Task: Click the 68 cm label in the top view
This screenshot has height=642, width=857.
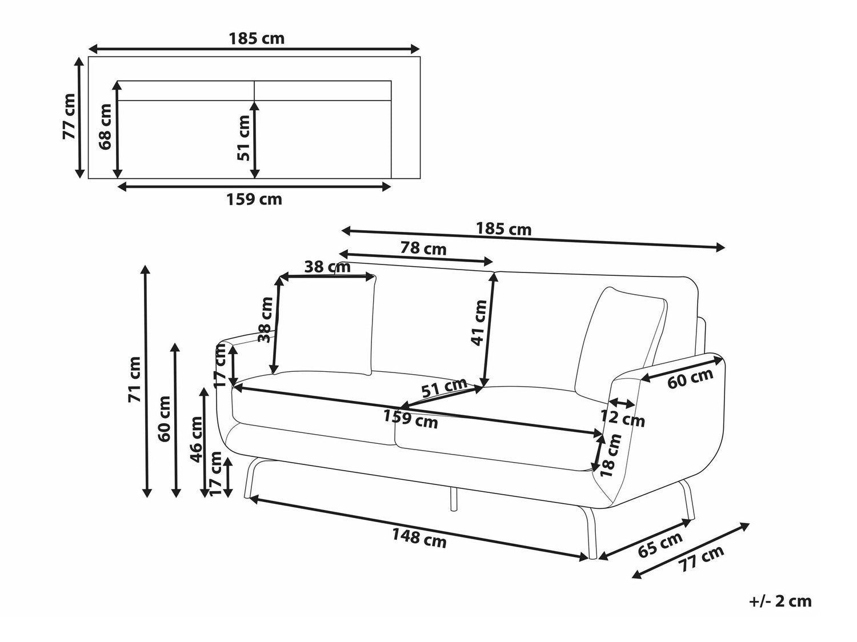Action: click(x=106, y=127)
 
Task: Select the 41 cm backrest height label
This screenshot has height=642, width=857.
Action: click(x=479, y=323)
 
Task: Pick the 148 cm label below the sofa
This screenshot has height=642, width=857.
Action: click(x=419, y=538)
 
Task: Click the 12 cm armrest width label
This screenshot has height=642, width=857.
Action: click(x=622, y=419)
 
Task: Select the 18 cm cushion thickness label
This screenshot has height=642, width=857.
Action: click(x=611, y=455)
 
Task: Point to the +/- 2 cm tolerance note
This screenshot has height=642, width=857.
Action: click(x=780, y=601)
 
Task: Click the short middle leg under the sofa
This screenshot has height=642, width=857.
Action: click(x=453, y=499)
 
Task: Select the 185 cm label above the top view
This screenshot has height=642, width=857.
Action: click(x=257, y=39)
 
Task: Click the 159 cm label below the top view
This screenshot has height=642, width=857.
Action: click(x=254, y=199)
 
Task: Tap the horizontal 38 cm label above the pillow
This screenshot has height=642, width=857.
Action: click(x=327, y=267)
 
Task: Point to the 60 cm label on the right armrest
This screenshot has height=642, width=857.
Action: click(x=690, y=378)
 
